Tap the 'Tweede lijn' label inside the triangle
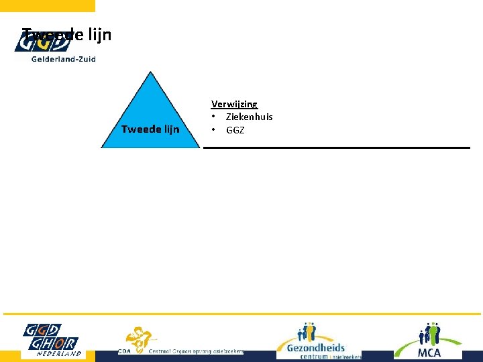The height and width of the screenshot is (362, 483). click(150, 129)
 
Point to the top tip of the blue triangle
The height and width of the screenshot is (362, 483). click(150, 72)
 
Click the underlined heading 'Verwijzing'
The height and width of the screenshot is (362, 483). click(234, 104)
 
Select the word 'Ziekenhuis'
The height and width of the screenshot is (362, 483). click(249, 117)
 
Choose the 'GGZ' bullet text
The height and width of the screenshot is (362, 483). click(235, 130)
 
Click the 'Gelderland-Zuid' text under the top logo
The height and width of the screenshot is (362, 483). click(63, 59)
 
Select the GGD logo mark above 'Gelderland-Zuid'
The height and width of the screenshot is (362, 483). click(42, 42)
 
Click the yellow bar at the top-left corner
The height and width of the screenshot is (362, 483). click(47, 5)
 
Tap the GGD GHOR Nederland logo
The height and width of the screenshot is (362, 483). click(51, 339)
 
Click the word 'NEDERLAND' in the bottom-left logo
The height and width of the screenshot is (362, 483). click(59, 353)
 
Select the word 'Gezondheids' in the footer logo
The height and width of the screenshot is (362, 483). click(315, 347)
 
